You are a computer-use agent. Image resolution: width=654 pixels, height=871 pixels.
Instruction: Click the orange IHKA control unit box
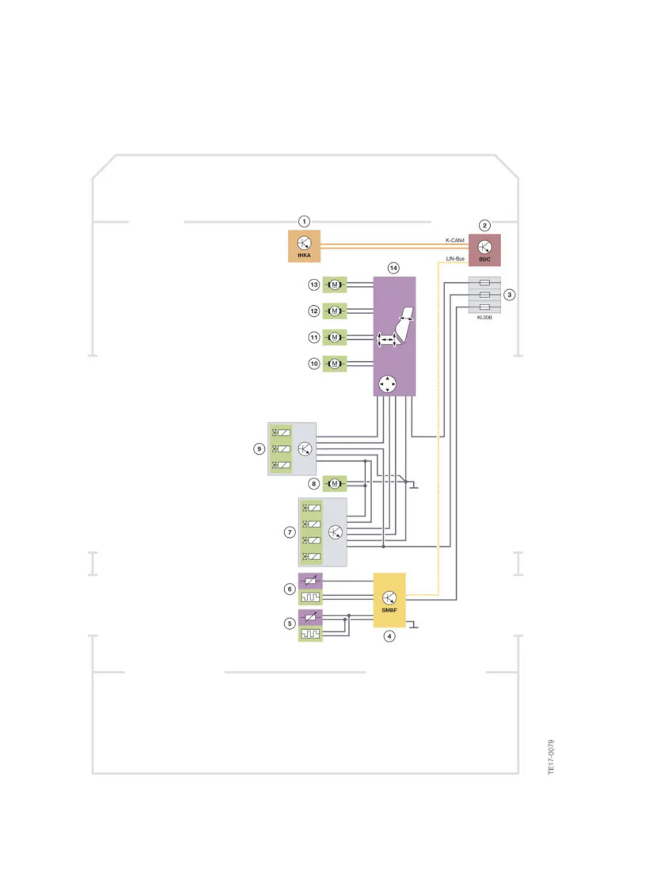coord(304,246)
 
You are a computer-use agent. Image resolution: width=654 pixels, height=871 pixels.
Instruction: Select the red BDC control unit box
coord(484,250)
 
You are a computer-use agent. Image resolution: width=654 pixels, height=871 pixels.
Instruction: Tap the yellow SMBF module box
coord(389,600)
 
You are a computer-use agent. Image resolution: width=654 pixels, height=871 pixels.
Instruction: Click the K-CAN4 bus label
coord(455,240)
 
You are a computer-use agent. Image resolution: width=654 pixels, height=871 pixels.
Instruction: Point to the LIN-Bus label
coord(455,258)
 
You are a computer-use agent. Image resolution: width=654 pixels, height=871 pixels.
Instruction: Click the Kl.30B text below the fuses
coord(484,317)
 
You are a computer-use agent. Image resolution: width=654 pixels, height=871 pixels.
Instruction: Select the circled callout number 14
coord(393,268)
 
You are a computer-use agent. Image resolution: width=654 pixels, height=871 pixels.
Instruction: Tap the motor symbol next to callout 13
coord(335,285)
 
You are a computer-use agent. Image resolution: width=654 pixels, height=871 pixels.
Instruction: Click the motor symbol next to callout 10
coord(335,363)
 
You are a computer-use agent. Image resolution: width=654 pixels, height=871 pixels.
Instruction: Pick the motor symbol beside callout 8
coord(335,484)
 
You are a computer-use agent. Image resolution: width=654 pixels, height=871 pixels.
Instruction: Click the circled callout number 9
coord(259,449)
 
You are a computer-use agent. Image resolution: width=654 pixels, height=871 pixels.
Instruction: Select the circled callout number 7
coord(290,532)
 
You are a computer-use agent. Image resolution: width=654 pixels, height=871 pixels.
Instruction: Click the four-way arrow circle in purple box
coord(387,384)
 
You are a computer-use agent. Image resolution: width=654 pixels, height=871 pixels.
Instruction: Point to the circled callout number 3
coord(509,295)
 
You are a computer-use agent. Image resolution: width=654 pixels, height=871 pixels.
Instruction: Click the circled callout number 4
coord(389,636)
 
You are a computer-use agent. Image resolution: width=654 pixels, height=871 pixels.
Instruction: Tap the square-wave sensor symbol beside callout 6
coord(311,597)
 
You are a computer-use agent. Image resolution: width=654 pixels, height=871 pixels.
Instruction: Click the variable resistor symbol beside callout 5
coord(311,617)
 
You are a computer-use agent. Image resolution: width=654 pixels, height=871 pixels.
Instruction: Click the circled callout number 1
coord(304,222)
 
